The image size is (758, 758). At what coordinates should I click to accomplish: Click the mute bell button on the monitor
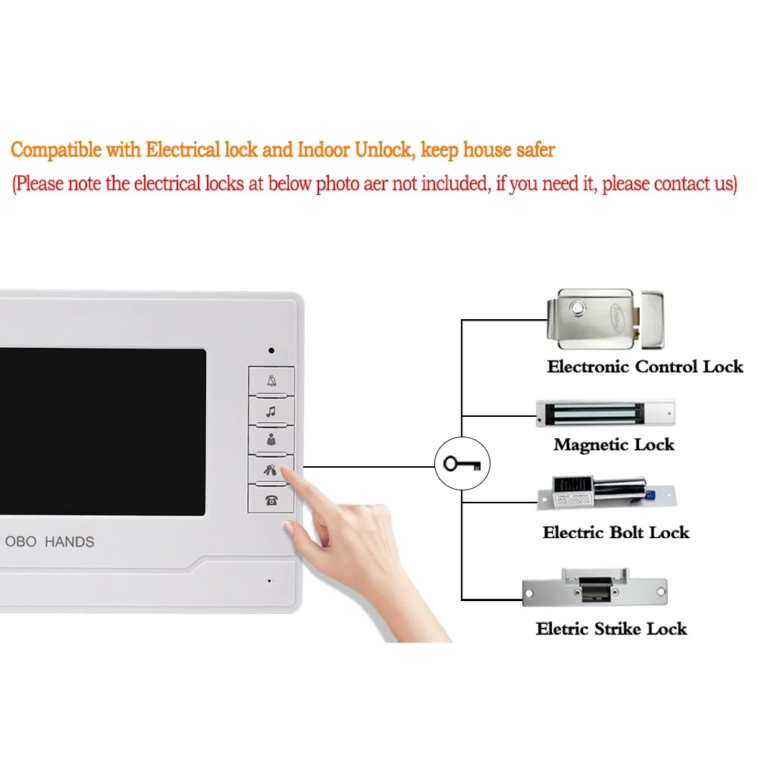(x=271, y=382)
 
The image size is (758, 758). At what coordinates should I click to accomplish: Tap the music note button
(x=271, y=412)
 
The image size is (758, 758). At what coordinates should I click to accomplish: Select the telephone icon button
(x=271, y=500)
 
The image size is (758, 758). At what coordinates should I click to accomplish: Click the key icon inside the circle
(x=462, y=463)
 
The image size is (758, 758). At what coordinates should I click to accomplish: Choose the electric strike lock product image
(x=594, y=587)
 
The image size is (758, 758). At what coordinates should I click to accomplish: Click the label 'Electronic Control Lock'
(x=645, y=367)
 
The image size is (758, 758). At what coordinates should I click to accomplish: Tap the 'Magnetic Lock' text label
(x=613, y=445)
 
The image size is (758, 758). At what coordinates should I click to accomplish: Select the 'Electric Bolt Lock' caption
(x=615, y=532)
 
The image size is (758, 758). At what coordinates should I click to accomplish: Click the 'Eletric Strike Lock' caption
(x=611, y=628)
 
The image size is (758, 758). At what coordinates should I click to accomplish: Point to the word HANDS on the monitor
(x=70, y=542)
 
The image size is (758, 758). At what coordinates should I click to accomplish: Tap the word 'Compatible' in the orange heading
(x=56, y=150)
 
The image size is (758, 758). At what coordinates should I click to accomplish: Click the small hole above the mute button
(x=271, y=352)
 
